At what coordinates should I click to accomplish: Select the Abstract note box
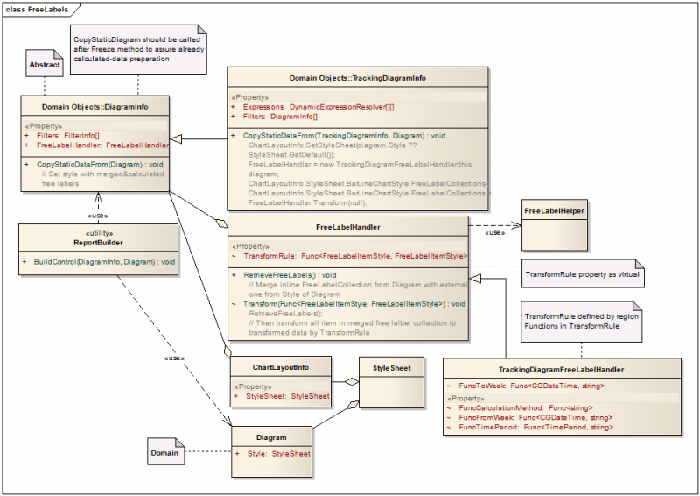(45, 65)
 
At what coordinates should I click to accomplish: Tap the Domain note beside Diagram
(164, 453)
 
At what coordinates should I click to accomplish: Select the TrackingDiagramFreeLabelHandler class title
(561, 370)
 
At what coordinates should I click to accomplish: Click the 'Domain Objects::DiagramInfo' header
(95, 107)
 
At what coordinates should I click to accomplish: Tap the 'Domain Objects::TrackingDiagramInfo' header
(358, 78)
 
